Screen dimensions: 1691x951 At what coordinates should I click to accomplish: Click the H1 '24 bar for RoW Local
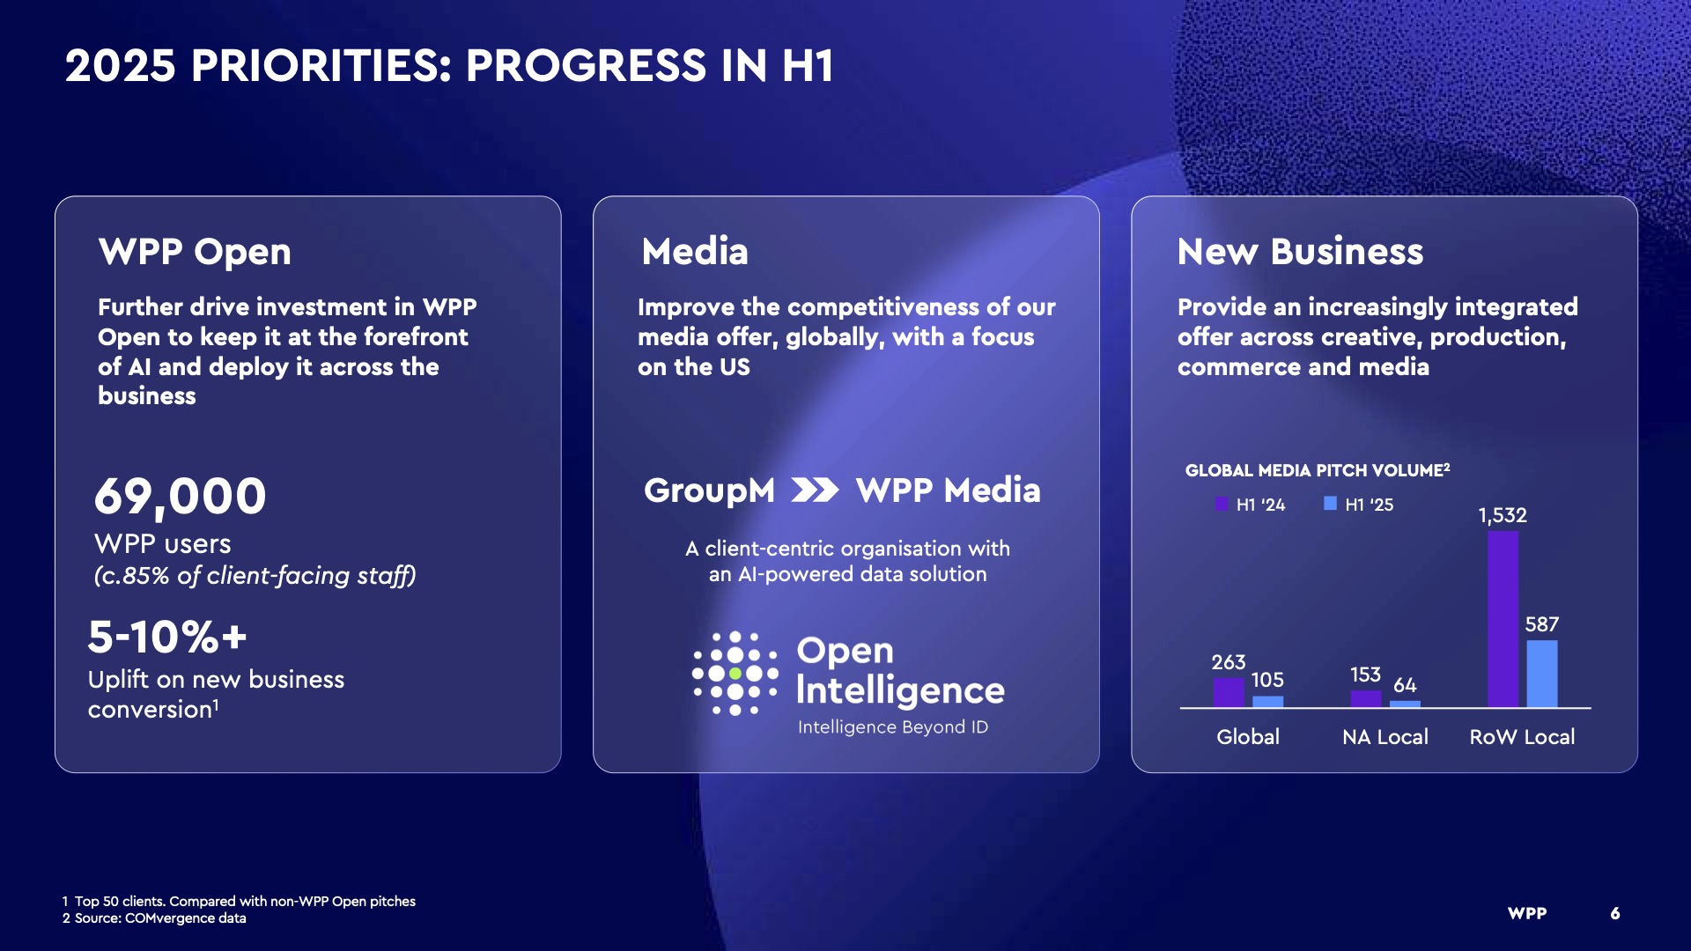(1503, 619)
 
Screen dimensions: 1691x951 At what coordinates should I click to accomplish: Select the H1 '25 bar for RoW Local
(1541, 674)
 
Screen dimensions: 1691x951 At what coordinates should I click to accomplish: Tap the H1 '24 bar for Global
(1229, 692)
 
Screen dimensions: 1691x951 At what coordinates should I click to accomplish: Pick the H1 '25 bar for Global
(1267, 702)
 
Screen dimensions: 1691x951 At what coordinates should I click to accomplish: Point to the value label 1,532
(1503, 515)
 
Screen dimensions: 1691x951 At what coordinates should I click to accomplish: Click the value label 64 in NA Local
(1405, 685)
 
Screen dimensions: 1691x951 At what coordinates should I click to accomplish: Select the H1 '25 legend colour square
(1330, 504)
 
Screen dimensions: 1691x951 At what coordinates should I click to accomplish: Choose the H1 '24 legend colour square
(1222, 504)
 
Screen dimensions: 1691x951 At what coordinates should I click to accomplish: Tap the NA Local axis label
(1385, 737)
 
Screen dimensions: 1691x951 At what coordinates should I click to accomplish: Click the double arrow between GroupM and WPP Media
(815, 490)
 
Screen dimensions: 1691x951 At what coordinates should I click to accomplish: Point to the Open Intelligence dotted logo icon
(735, 674)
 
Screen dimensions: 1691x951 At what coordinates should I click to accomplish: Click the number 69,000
(180, 497)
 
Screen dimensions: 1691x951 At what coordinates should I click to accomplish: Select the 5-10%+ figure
(167, 637)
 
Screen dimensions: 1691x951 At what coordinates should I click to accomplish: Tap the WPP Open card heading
(195, 252)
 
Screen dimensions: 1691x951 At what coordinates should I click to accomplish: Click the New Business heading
(1300, 252)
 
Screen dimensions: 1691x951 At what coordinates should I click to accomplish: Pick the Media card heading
(695, 252)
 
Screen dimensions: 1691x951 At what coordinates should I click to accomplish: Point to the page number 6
(1615, 913)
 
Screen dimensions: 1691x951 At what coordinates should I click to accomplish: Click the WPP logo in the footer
(1527, 913)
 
